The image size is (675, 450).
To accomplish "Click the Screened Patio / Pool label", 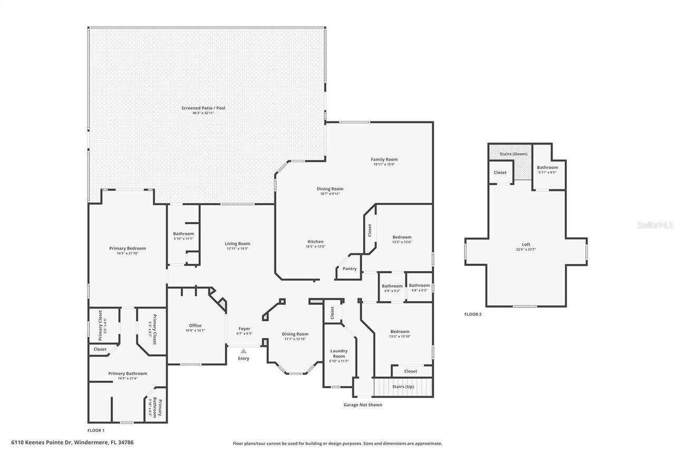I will pyautogui.click(x=203, y=108).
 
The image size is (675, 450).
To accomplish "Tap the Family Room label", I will pyautogui.click(x=384, y=159).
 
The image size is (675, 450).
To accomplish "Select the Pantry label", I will pyautogui.click(x=349, y=269).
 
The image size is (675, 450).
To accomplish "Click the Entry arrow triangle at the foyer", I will pyautogui.click(x=243, y=351).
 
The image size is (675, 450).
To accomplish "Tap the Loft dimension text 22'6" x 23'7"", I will pyautogui.click(x=526, y=250).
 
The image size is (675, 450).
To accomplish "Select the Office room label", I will pyautogui.click(x=195, y=325).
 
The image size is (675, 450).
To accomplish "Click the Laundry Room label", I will pyautogui.click(x=339, y=353).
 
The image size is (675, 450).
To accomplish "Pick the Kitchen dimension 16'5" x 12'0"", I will pyautogui.click(x=315, y=246).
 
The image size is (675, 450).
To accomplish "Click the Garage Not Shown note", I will pyautogui.click(x=363, y=405).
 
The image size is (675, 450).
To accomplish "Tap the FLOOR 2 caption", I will pyautogui.click(x=472, y=314).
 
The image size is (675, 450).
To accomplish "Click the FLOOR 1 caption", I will pyautogui.click(x=95, y=430).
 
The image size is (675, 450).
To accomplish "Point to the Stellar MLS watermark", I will pyautogui.click(x=655, y=225).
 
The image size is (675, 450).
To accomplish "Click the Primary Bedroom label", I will pyautogui.click(x=127, y=248).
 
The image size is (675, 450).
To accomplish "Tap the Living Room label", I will pyautogui.click(x=237, y=244).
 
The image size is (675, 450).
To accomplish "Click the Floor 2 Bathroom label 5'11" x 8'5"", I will pyautogui.click(x=547, y=167).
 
